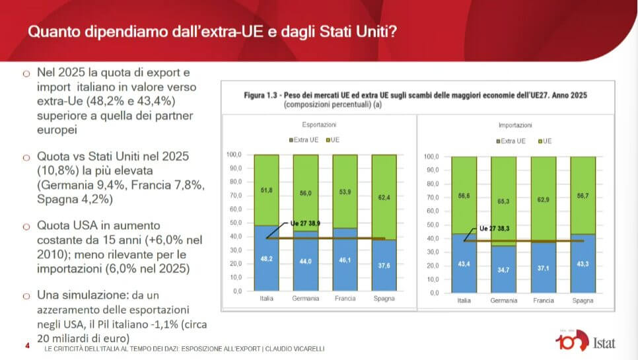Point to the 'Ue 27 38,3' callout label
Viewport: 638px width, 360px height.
pyautogui.click(x=494, y=228)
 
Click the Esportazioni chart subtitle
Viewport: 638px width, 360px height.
pyautogui.click(x=319, y=124)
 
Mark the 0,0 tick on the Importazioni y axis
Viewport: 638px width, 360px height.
pyautogui.click(x=433, y=292)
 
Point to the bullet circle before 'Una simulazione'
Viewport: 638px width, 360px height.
pyautogui.click(x=26, y=295)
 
